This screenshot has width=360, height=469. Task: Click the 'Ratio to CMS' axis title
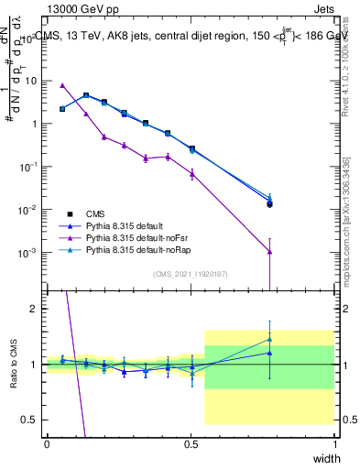[12, 365]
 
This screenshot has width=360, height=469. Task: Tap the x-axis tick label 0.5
[191, 442]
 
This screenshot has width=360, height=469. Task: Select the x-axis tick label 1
[334, 442]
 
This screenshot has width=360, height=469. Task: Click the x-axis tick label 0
[47, 442]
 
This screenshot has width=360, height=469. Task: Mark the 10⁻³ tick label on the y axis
[31, 252]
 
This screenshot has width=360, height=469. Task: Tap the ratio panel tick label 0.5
[32, 420]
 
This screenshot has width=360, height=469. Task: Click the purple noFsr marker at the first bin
[61, 85]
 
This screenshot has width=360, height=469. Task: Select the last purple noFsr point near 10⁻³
[269, 252]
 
